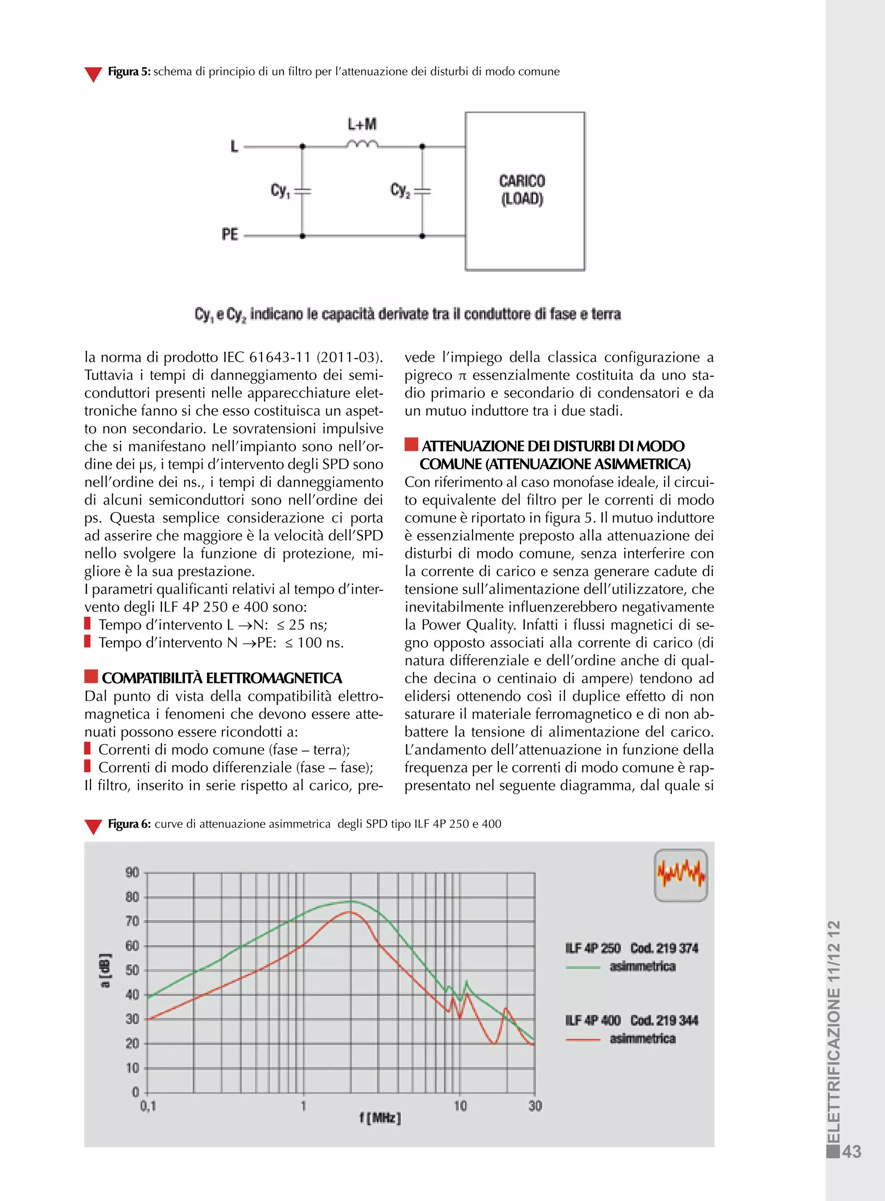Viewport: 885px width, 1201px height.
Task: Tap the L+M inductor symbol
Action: [362, 143]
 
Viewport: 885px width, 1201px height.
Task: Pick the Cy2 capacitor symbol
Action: [422, 191]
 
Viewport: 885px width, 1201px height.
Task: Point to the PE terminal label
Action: [230, 235]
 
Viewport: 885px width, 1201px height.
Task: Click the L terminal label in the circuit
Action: [234, 146]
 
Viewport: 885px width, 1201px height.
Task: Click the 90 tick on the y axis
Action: [132, 873]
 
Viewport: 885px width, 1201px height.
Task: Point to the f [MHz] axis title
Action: [380, 1118]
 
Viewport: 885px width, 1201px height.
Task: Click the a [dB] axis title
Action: [105, 970]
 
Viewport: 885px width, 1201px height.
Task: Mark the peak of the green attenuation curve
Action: [351, 901]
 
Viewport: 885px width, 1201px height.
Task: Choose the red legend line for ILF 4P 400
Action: [583, 1040]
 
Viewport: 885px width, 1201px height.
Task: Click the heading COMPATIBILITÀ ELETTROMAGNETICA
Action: [221, 678]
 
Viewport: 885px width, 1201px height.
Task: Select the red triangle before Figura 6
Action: [93, 826]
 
